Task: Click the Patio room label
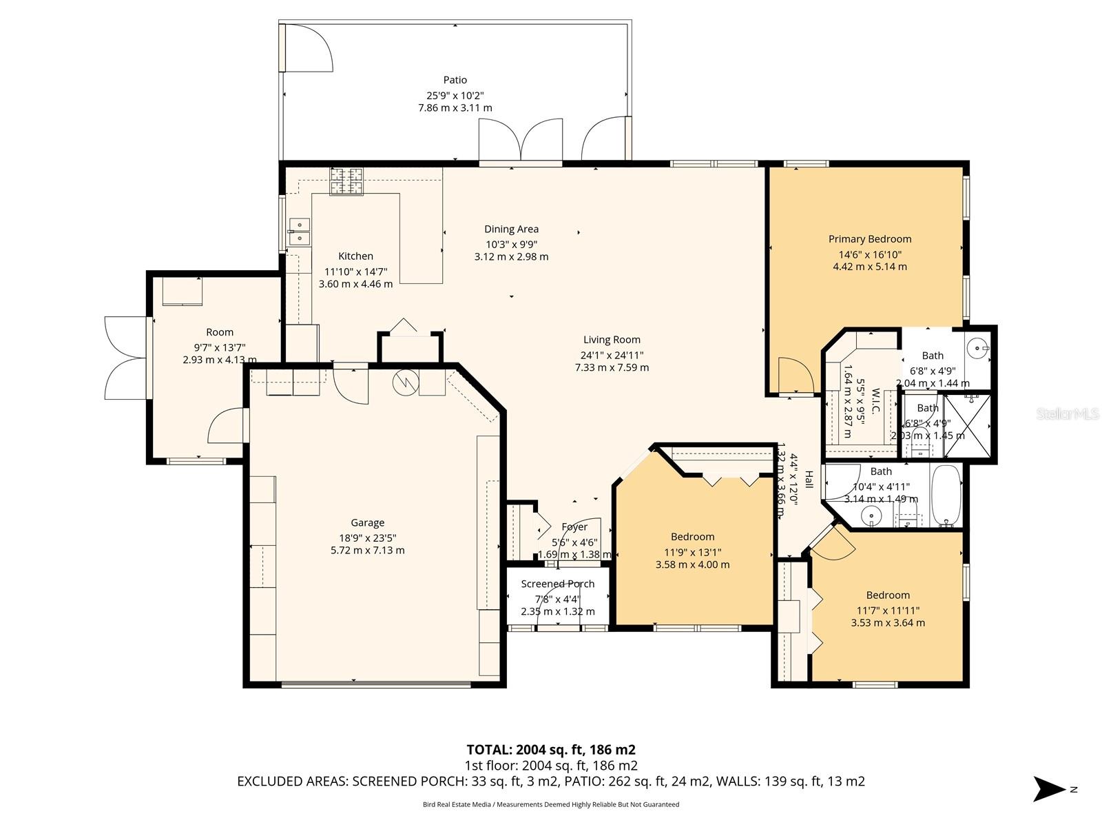point(455,80)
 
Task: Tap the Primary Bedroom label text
point(869,239)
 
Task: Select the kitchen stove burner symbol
point(346,181)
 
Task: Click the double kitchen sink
point(300,232)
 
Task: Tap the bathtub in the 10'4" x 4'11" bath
point(947,495)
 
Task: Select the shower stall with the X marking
point(968,426)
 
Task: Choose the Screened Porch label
point(557,584)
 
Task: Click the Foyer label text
point(574,527)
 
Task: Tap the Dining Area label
point(511,229)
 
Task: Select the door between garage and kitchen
point(351,386)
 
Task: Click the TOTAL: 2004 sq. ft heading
point(550,750)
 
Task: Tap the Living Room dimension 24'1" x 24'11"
point(612,355)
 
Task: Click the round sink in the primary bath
point(977,346)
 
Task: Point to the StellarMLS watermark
point(1068,414)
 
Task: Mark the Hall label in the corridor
point(809,480)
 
